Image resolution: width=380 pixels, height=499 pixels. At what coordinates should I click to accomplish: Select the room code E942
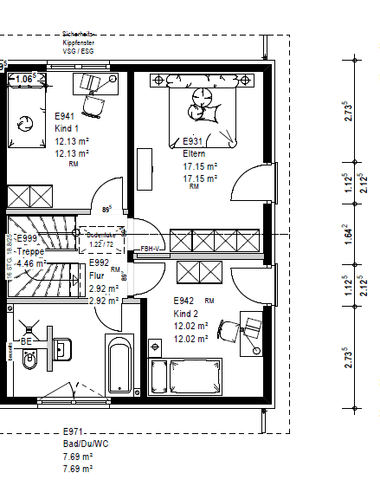[x=185, y=301]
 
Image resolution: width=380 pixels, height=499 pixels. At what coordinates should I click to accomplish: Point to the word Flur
[x=97, y=276]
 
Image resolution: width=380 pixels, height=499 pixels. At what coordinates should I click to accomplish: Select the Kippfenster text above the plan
[x=79, y=41]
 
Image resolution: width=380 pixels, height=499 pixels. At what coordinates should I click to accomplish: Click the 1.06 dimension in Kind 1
[x=24, y=79]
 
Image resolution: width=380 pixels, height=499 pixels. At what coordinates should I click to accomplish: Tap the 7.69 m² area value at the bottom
[x=78, y=456]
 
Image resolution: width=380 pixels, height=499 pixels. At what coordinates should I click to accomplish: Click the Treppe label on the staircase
[x=31, y=252]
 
